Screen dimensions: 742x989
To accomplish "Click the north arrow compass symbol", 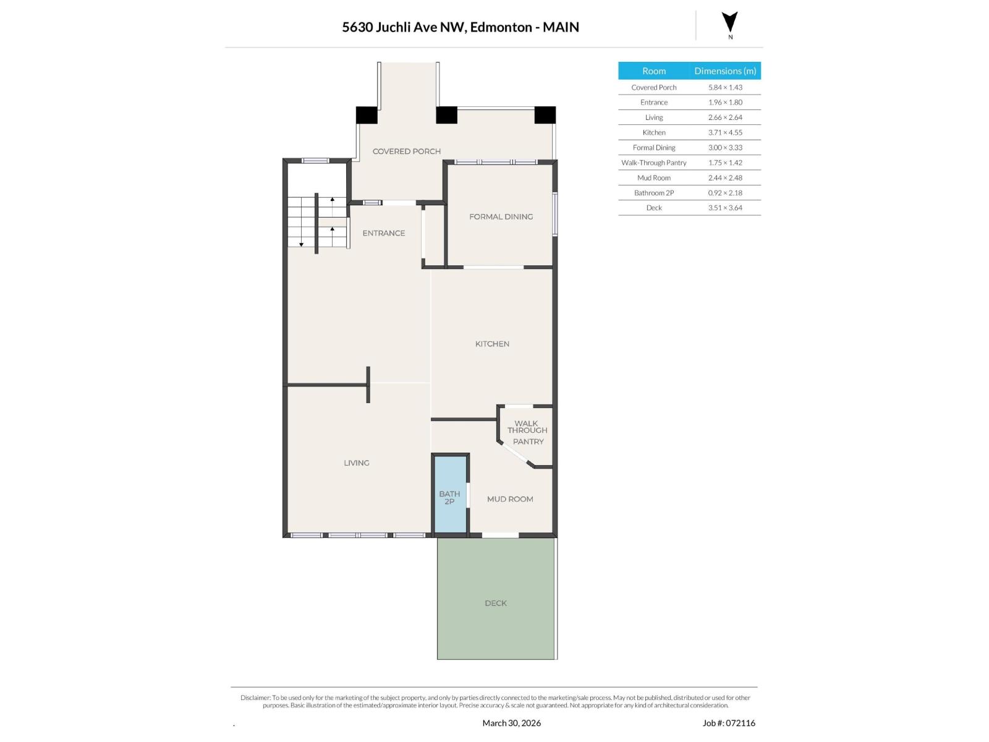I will pos(730,23).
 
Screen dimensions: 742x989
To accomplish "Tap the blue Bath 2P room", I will pos(450,495).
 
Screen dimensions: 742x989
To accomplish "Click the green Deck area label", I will pos(496,603).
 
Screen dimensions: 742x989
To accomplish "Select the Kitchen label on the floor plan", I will pos(492,344).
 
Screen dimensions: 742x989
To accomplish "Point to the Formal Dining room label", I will pos(501,216).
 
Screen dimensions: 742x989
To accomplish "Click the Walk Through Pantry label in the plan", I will pos(527,432).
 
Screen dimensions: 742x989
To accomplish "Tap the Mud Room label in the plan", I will pos(510,499).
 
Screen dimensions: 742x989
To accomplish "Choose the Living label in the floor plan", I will pos(357,463).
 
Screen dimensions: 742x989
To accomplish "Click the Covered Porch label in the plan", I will pos(407,151).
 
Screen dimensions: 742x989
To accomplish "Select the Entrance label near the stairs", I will pos(384,233).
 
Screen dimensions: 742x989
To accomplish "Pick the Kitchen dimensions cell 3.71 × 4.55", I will pos(725,132).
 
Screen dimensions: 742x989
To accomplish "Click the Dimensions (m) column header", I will pos(725,71).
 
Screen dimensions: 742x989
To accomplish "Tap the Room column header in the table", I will pos(654,71).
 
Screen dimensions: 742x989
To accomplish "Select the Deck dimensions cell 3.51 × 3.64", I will pos(725,208).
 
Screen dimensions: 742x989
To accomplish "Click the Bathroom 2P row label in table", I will pos(654,193).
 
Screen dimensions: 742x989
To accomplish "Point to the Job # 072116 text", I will pos(729,723).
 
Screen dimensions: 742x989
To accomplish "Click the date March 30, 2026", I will pos(511,723).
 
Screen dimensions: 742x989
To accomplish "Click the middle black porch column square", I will pos(446,115).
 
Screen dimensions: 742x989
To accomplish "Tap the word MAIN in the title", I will pos(561,27).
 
